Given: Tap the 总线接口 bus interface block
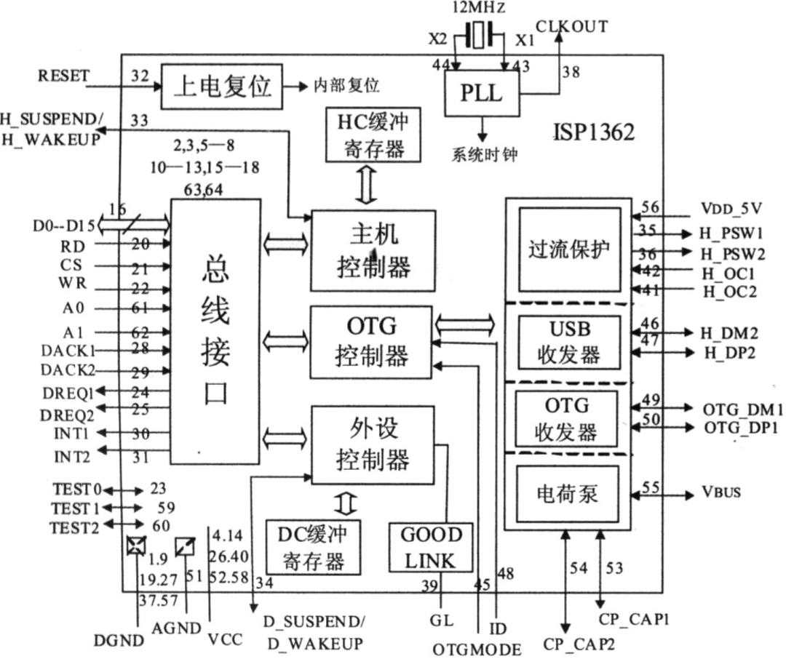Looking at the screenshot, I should point(215,332).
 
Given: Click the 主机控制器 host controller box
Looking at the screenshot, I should point(373,250).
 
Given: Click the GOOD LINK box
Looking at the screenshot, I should point(432,547).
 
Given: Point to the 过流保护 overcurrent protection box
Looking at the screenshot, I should point(569,249).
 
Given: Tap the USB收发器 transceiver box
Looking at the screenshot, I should point(568,340).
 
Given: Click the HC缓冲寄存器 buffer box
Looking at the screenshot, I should point(373,135).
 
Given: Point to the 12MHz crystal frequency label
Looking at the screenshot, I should point(478,9).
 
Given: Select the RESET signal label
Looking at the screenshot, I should point(63,76).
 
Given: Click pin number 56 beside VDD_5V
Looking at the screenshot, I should point(650,207).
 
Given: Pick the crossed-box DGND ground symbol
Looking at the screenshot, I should point(135,546).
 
